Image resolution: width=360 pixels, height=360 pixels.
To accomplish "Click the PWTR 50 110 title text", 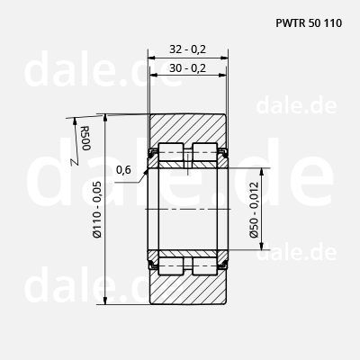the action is (x=309, y=23).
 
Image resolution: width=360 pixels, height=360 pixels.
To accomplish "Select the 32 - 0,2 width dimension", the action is (x=188, y=49).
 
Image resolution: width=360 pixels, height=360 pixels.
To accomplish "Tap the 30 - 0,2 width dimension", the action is (x=188, y=68).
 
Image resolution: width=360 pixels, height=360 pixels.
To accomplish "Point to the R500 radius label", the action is (x=85, y=139).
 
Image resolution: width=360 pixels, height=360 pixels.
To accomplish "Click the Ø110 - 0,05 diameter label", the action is (x=97, y=210).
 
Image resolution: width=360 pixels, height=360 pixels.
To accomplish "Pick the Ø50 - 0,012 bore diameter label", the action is (x=254, y=210).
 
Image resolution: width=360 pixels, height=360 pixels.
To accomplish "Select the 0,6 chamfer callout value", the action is (x=123, y=170).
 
